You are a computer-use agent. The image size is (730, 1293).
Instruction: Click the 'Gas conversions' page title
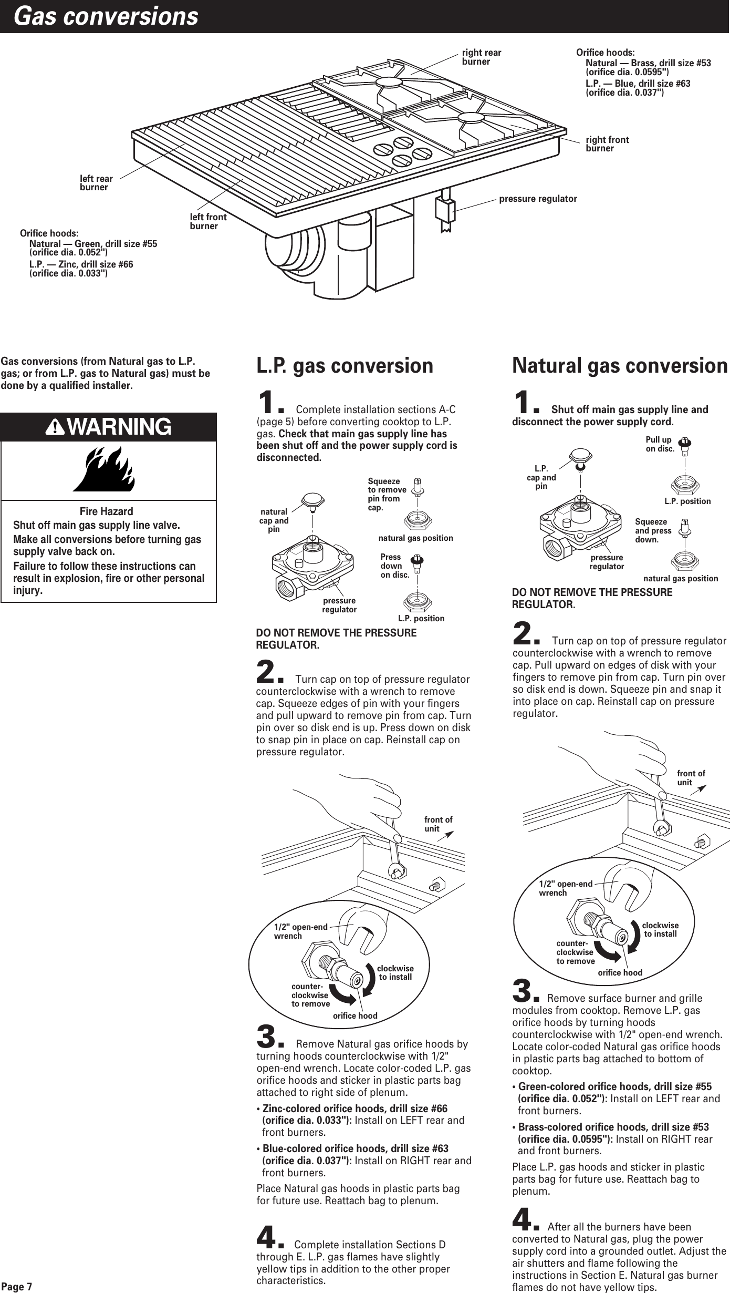pos(106,16)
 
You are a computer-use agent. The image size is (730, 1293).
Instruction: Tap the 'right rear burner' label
pos(481,57)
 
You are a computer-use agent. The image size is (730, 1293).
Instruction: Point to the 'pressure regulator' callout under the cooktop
pos(537,199)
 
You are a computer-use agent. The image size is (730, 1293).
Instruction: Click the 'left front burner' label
pos(208,221)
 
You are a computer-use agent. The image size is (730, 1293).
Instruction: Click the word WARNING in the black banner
pos(119,427)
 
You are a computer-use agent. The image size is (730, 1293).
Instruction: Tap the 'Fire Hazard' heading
pos(106,511)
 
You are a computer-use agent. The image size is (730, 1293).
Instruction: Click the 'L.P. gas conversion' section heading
pos(345,366)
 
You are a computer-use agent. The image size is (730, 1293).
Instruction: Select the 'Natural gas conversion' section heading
pos(620,366)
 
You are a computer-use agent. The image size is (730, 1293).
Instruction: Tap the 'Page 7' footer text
pos(16,1287)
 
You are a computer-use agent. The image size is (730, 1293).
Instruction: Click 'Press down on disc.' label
pos(394,566)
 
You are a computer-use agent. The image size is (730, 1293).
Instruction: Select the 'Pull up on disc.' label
pos(659,444)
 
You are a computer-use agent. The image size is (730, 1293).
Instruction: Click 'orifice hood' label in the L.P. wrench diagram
pos(355,1015)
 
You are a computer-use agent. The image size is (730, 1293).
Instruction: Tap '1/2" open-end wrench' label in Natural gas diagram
pos(565,888)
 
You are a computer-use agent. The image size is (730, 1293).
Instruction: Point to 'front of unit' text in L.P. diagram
pos(438,824)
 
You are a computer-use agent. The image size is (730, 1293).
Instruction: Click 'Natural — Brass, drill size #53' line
pos(648,63)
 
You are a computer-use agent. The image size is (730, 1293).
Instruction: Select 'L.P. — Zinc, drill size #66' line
pos(81,264)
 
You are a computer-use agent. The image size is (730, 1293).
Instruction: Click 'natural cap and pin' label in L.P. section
pos(274,520)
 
